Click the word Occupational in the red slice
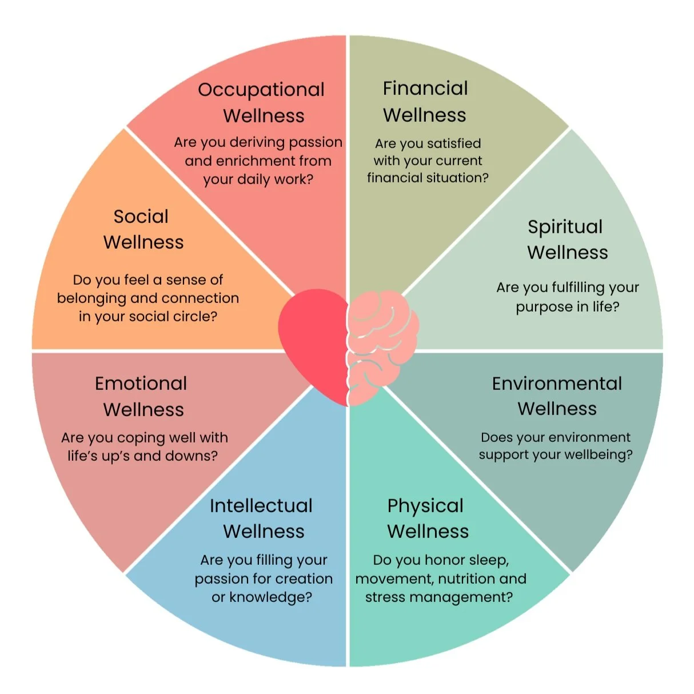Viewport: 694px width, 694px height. (261, 90)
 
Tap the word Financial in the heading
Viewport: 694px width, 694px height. (425, 88)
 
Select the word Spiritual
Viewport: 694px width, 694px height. (565, 227)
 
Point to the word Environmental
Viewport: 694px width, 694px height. (557, 383)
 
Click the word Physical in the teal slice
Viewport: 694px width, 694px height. (425, 506)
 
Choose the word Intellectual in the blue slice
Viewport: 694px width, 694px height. (261, 505)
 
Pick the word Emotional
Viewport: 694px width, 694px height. (141, 383)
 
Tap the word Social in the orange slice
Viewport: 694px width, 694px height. (141, 216)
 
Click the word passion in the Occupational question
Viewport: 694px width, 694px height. (315, 142)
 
